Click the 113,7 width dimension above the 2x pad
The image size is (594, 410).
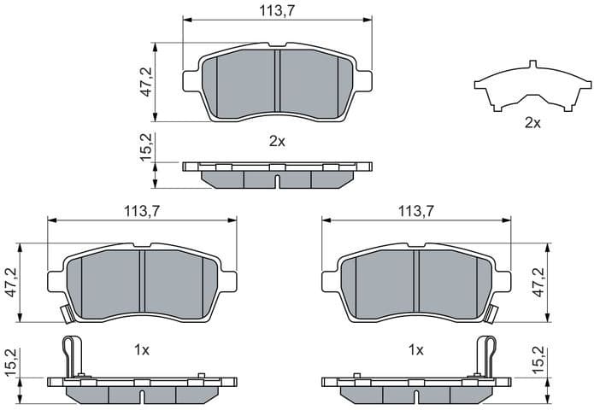(278, 10)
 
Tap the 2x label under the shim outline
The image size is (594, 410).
(532, 123)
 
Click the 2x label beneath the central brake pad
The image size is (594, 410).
(277, 141)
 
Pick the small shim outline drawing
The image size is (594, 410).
(532, 88)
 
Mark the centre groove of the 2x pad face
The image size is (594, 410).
(277, 83)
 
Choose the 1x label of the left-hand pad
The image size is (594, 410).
(142, 350)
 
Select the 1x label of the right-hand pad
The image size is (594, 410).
(416, 350)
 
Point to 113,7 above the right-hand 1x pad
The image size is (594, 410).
(415, 211)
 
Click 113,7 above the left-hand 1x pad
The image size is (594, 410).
(142, 211)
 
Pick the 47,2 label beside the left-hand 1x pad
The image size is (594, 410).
(10, 282)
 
